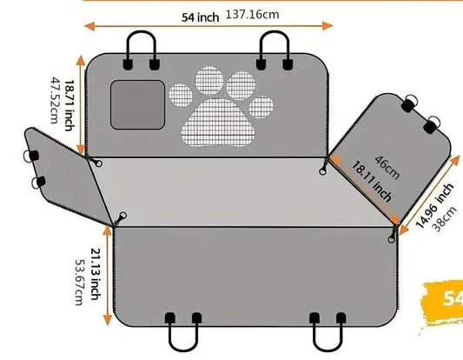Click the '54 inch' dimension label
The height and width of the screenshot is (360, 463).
[200, 17]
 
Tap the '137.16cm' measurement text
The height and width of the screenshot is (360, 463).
[252, 15]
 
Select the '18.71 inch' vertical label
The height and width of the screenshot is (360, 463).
[69, 105]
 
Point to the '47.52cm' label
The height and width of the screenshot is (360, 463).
[55, 101]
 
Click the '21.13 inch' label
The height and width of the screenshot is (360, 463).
[96, 274]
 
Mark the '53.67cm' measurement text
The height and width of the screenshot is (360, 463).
[80, 283]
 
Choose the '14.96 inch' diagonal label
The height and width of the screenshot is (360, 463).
[434, 205]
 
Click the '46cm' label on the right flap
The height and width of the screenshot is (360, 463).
[387, 168]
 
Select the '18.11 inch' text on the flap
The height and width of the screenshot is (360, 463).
[372, 181]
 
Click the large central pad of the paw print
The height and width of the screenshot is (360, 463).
[218, 123]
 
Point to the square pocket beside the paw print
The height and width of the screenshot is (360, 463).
[137, 104]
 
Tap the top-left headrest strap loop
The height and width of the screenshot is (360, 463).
[141, 33]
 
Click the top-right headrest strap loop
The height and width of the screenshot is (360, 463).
[274, 33]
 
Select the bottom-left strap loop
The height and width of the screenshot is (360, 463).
[183, 349]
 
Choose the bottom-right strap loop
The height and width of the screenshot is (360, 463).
[327, 349]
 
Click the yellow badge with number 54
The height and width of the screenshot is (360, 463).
[443, 301]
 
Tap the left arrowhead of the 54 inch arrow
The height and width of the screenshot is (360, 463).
[89, 26]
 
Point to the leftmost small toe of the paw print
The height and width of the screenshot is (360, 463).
[181, 95]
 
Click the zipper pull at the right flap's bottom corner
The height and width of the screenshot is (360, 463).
[392, 236]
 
